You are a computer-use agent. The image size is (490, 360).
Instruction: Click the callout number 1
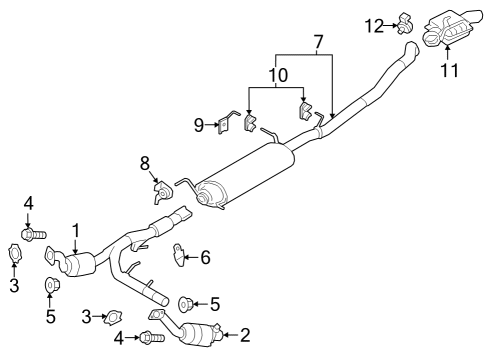pyautogui.click(x=75, y=229)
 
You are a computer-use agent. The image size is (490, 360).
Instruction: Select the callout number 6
pyautogui.click(x=205, y=257)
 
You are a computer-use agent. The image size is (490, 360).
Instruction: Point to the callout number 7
pyautogui.click(x=318, y=43)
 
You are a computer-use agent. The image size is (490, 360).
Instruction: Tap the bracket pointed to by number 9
pyautogui.click(x=230, y=123)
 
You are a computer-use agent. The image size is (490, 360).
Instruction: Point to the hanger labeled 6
pyautogui.click(x=181, y=257)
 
